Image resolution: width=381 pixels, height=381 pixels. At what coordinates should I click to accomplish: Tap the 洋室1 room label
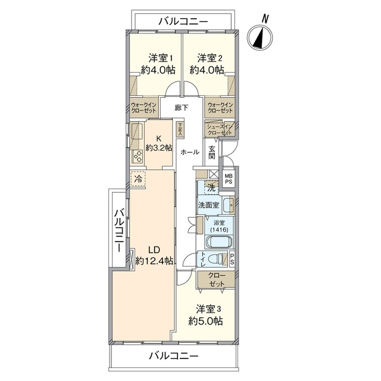[x=161, y=58]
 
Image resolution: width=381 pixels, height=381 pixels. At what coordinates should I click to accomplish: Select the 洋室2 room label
[x=209, y=58]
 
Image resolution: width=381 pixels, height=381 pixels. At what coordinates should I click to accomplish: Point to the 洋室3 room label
[x=208, y=310]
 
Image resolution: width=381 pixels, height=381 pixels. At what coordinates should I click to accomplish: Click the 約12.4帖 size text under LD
[x=154, y=261]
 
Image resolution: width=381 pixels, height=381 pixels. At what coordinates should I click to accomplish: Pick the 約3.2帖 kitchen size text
[x=159, y=148]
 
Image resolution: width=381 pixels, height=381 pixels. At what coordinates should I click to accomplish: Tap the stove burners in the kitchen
[x=138, y=156]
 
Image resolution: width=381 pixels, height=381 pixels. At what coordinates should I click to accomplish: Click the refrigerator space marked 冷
[x=138, y=179]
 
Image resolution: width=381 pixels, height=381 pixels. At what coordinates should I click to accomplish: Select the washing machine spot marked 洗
[x=211, y=188]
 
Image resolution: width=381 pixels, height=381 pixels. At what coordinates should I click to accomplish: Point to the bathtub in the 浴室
[x=219, y=242]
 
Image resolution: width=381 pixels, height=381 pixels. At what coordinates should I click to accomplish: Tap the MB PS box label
[x=229, y=179]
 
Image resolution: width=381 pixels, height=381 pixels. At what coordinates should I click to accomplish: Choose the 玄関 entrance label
[x=212, y=152]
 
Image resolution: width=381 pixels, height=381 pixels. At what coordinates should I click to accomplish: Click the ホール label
[x=190, y=152]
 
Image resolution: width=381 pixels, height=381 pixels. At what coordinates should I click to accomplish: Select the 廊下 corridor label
[x=182, y=108]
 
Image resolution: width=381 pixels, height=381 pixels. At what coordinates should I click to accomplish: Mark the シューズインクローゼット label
[x=220, y=130]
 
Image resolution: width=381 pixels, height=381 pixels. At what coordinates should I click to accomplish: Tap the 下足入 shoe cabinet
[x=180, y=129]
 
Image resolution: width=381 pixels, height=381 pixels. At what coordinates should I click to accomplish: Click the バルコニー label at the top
[x=183, y=22]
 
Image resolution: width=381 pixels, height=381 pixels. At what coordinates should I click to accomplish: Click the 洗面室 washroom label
[x=209, y=205]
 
